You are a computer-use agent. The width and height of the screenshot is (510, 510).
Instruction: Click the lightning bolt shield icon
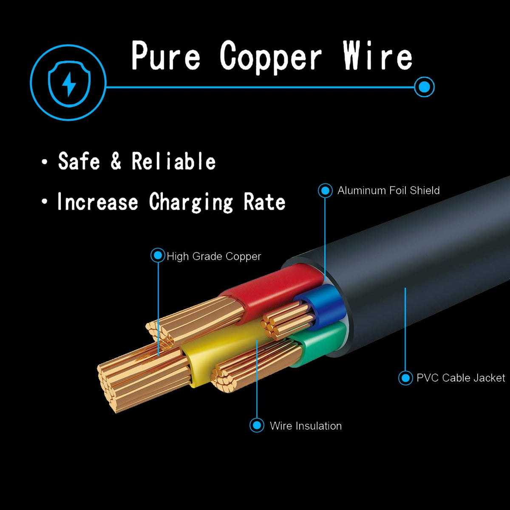(68, 82)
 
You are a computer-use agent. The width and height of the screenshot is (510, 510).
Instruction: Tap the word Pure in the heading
(166, 56)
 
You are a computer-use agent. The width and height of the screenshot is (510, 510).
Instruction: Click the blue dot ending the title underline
(424, 87)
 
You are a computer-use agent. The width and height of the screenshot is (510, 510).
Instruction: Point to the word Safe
(79, 161)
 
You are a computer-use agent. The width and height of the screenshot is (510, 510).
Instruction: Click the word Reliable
(173, 161)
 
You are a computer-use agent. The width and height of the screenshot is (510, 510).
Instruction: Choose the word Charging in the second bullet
(191, 202)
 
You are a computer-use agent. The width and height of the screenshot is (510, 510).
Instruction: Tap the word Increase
(98, 202)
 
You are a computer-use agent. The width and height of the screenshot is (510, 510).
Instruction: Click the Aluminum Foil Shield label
(388, 190)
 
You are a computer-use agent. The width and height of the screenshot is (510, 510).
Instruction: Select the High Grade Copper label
(214, 256)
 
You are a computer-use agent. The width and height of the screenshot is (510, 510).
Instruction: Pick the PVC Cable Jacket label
(461, 378)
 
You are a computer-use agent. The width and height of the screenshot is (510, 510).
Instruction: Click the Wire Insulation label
(306, 426)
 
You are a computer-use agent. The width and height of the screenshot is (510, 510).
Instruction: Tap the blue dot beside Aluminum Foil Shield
(325, 190)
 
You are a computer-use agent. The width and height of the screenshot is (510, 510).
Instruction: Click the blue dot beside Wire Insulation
(257, 425)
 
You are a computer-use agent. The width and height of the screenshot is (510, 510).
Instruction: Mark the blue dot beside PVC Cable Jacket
(405, 378)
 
